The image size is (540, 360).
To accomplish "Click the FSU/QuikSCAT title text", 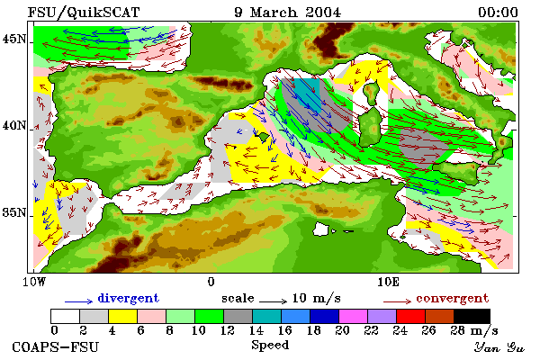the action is pos(84,13).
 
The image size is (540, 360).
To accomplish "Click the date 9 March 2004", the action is pos(288,13).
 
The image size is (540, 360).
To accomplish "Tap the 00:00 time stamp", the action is pos(498,13).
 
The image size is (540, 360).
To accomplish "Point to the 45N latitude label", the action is pos(14,40).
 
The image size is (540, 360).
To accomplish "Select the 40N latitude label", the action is pos(14,125).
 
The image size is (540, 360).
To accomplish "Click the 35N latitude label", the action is pos(14,212).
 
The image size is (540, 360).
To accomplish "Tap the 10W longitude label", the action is pos(34,282).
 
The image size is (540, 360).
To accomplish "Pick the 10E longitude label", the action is pos(388,282).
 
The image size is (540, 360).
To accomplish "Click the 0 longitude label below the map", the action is pos(211,282).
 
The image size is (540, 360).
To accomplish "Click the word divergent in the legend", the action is pos(129,298).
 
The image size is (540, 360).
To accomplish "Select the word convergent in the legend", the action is pos(452,298).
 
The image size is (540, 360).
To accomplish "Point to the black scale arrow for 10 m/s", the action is pos(273,301).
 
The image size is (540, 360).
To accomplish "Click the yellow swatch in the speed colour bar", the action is pos(122,316).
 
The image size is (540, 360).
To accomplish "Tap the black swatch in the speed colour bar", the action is pos(472,316).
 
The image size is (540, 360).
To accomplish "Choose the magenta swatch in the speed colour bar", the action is pos(353,316).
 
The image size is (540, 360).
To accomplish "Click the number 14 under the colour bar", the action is pos(256,330).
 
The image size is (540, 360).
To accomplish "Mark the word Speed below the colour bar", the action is pos(270,346).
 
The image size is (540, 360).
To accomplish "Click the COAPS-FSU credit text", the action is pos(55,346).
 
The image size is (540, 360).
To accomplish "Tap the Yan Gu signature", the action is pos(499,347).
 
